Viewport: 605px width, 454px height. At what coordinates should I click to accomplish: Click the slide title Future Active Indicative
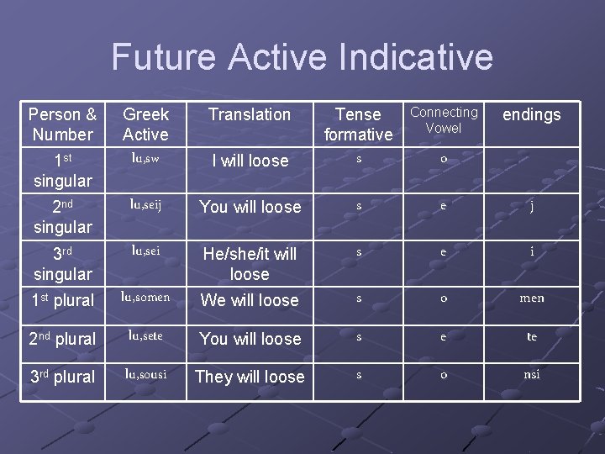(302, 57)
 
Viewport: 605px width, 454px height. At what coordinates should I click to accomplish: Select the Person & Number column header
(62, 124)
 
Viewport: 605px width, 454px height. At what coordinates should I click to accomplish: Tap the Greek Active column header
(145, 124)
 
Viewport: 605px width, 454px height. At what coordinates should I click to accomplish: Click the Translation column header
(250, 114)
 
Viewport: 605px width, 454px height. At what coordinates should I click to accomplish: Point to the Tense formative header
(359, 124)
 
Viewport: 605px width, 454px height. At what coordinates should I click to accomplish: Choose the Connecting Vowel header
(444, 120)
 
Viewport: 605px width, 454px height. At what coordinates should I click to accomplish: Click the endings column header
(531, 114)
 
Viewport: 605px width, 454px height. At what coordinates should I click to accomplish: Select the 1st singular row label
(62, 170)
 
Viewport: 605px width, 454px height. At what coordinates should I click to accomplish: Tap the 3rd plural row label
(62, 377)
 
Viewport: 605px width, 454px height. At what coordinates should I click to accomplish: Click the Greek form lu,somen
(145, 296)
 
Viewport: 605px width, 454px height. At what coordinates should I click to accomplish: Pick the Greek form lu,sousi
(145, 372)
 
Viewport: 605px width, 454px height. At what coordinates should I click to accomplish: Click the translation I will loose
(250, 161)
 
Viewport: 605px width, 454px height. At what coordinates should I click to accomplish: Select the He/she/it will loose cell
(250, 264)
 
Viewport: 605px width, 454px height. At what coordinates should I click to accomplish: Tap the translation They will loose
(250, 377)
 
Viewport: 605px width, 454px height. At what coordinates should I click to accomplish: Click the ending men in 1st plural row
(531, 298)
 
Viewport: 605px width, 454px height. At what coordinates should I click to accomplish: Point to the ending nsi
(531, 374)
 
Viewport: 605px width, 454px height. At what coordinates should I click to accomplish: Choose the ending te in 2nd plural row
(531, 336)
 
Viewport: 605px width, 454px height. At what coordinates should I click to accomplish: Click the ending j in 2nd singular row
(531, 207)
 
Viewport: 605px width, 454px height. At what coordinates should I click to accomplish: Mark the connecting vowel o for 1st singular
(444, 160)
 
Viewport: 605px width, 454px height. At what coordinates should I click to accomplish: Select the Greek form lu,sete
(145, 335)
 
